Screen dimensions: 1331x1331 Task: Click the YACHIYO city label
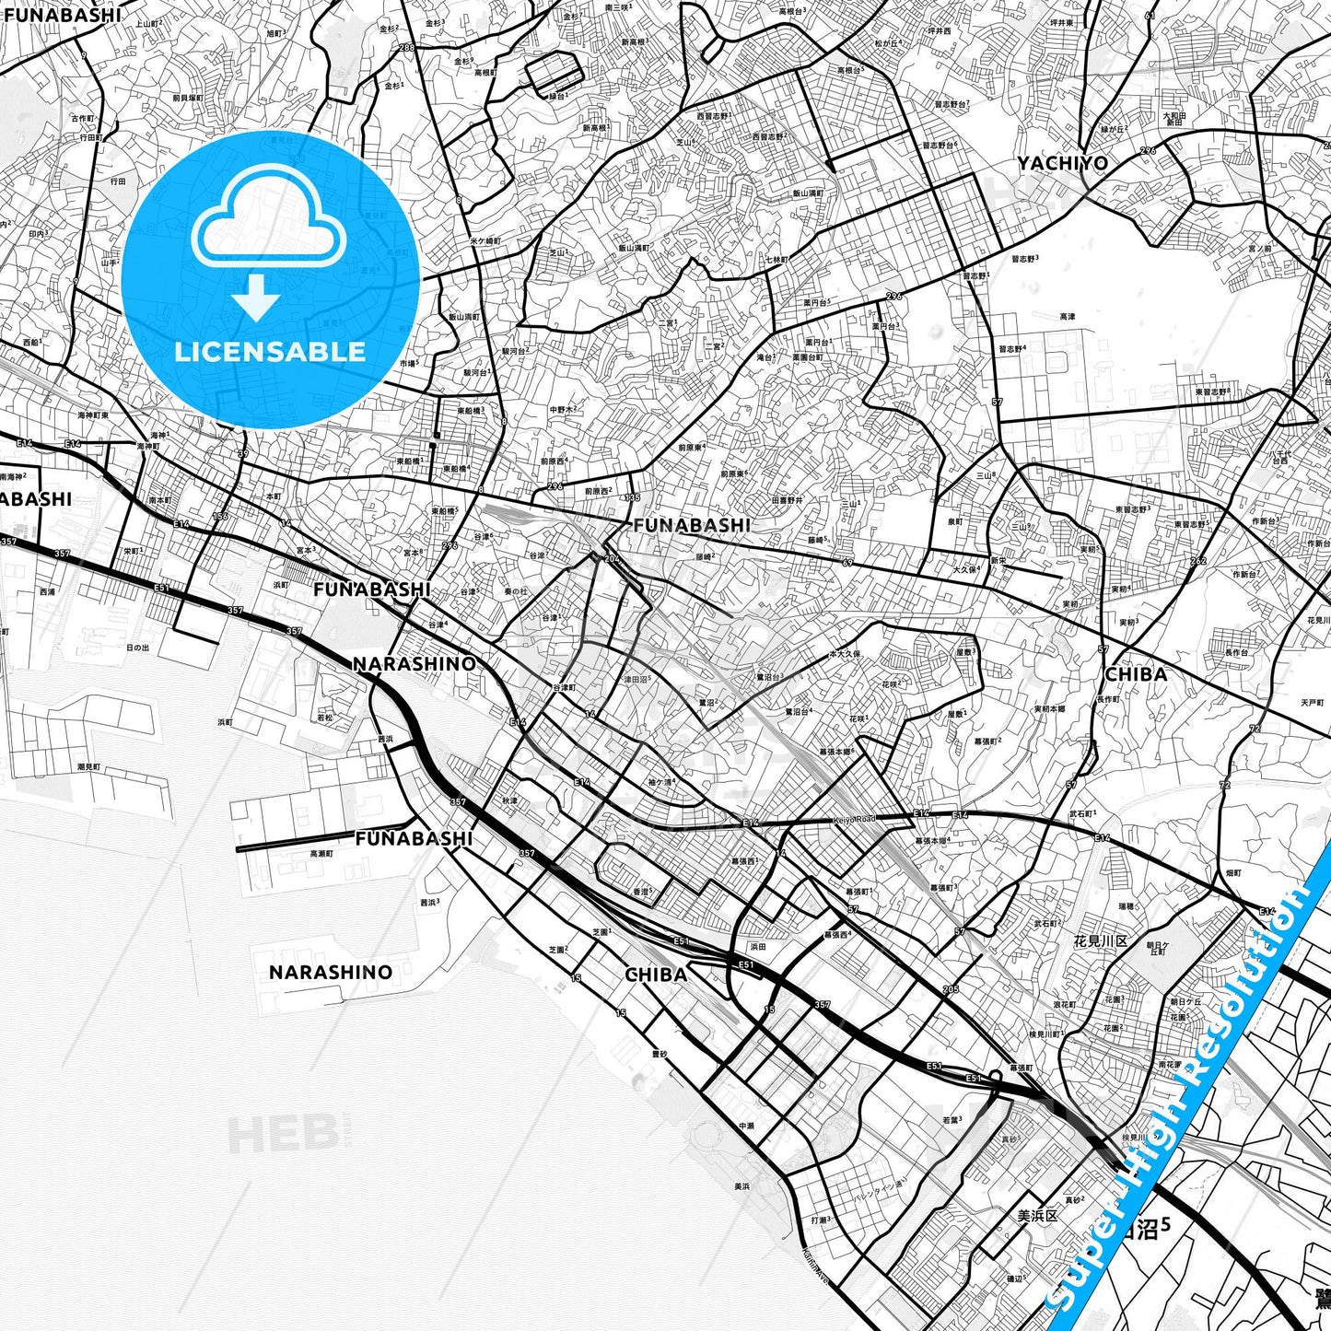(x=1062, y=164)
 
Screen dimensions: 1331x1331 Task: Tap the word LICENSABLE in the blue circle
(x=270, y=352)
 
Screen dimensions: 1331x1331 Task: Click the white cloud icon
(x=268, y=223)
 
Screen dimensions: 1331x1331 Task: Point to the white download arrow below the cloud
(x=256, y=297)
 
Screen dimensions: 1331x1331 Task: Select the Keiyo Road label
(x=855, y=819)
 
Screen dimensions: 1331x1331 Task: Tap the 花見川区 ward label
(x=1101, y=941)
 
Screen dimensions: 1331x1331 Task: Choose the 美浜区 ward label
(x=1037, y=1216)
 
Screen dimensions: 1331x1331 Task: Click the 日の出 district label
(x=137, y=648)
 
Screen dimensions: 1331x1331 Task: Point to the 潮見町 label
(x=89, y=766)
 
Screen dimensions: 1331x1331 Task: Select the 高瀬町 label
(x=321, y=854)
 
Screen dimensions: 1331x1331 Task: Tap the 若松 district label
(x=326, y=718)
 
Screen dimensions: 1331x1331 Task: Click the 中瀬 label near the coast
(x=746, y=1126)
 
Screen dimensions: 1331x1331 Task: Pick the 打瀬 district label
(x=820, y=1220)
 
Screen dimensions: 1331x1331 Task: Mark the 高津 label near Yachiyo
(x=1067, y=317)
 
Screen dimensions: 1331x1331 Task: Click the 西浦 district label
(x=47, y=591)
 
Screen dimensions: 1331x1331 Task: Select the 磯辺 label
(x=1015, y=1278)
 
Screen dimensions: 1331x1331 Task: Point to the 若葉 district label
(x=952, y=1120)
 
